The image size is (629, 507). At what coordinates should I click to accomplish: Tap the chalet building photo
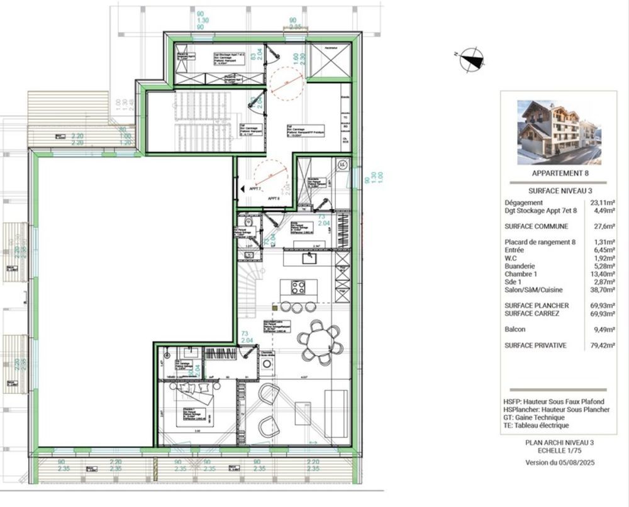pyautogui.click(x=559, y=132)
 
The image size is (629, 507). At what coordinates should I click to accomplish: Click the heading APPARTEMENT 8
pyautogui.click(x=559, y=172)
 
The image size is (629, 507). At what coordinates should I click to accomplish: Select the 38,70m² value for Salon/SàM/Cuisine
pyautogui.click(x=603, y=290)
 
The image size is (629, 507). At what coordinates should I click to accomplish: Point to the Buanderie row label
pyautogui.click(x=520, y=265)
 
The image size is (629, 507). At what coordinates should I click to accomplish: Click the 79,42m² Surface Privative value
pyautogui.click(x=603, y=345)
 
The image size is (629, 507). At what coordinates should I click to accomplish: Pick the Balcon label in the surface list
pyautogui.click(x=515, y=329)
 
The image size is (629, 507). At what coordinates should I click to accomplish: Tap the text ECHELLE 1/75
pyautogui.click(x=559, y=451)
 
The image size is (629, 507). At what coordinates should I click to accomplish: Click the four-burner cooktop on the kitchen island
pyautogui.click(x=298, y=287)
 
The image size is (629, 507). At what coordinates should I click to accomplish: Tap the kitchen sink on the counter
pyautogui.click(x=308, y=257)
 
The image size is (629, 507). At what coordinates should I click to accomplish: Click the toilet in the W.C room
pyautogui.click(x=249, y=222)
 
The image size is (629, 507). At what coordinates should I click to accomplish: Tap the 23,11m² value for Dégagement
pyautogui.click(x=603, y=203)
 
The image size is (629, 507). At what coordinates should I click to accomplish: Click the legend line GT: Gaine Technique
pyautogui.click(x=534, y=417)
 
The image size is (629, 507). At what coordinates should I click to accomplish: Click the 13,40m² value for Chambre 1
pyautogui.click(x=603, y=274)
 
